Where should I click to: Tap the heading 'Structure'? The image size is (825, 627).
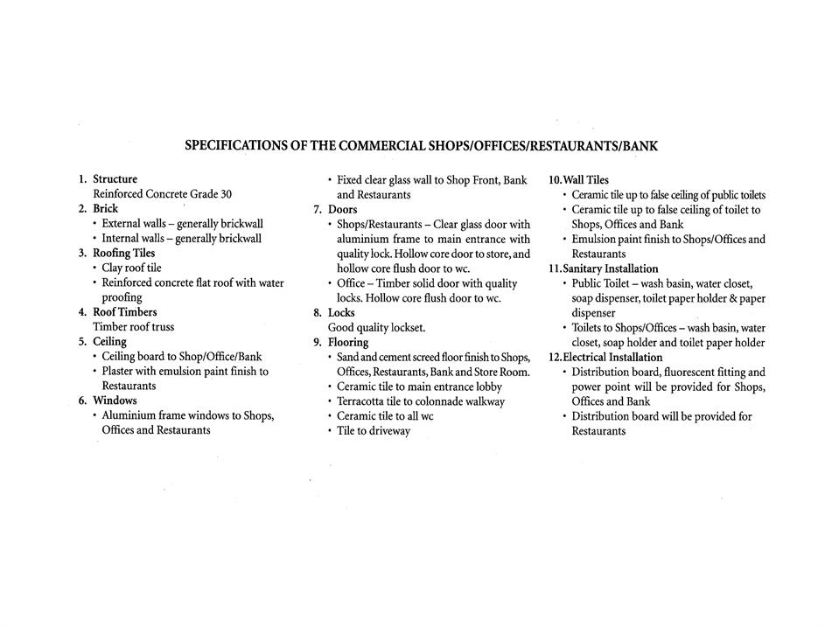coord(115,179)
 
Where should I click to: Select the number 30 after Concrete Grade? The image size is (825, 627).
coord(225,194)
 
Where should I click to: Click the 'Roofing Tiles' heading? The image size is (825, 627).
coord(123,253)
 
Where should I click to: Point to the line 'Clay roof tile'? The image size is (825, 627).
coord(131,268)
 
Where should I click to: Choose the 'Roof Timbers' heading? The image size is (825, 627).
coord(125,312)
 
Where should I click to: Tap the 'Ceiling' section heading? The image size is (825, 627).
coord(109,342)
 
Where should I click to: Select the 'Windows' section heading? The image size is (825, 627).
coord(115,401)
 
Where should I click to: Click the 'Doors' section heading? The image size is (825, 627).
coord(342,210)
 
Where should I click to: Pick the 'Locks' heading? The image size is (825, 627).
coord(341,312)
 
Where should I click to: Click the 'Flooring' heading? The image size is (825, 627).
coord(348,342)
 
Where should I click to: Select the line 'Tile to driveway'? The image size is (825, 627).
coord(374,431)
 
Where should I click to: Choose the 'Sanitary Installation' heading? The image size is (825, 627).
coord(610,268)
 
